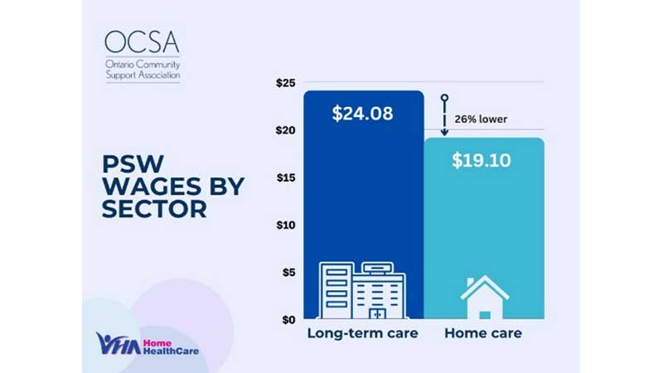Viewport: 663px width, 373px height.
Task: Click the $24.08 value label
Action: click(363, 114)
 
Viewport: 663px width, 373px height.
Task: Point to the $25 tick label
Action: click(286, 83)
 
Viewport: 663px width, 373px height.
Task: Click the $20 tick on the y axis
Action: click(286, 130)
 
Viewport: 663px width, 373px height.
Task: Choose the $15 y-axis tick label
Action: click(286, 177)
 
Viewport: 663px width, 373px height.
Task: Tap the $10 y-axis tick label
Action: click(286, 225)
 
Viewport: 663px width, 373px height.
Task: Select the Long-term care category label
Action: click(363, 335)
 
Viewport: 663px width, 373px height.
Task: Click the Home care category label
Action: click(483, 335)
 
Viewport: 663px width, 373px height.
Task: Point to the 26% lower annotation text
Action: click(481, 119)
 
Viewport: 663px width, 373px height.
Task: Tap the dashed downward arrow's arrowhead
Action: click(444, 131)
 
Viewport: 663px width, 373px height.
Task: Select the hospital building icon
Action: click(363, 291)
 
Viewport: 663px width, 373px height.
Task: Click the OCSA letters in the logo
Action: click(142, 42)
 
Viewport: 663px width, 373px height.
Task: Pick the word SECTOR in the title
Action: click(154, 210)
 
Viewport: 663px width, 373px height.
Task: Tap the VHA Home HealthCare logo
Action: click(148, 342)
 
